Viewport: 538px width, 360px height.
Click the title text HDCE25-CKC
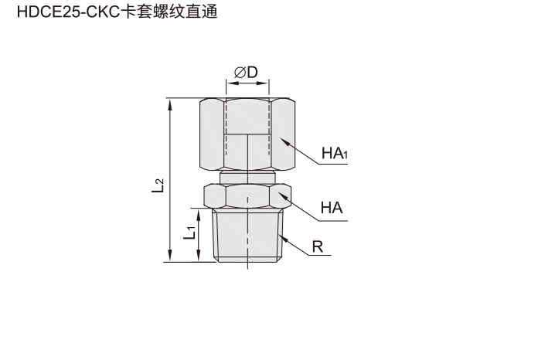pyautogui.click(x=69, y=12)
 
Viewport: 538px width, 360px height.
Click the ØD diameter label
pyautogui.click(x=246, y=73)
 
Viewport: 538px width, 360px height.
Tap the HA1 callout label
pyautogui.click(x=335, y=153)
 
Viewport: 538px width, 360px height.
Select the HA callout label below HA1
pyautogui.click(x=332, y=208)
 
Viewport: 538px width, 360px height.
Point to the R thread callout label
pyautogui.click(x=318, y=247)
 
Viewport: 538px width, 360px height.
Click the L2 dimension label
pyautogui.click(x=158, y=186)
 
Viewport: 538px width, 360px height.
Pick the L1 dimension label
pyautogui.click(x=189, y=233)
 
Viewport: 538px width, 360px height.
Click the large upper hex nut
pyautogui.click(x=247, y=134)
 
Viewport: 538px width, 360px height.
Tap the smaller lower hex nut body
pyautogui.click(x=247, y=195)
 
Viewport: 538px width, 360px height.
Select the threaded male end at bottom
pyautogui.click(x=247, y=235)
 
